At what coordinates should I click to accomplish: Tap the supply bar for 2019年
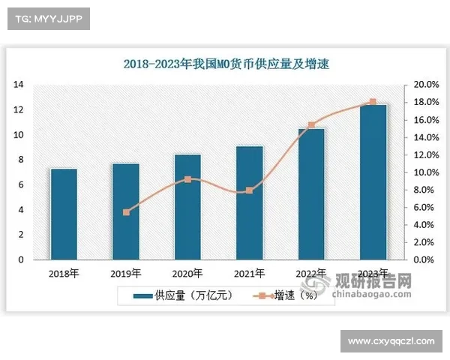(126, 211)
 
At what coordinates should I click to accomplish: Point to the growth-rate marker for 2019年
(126, 212)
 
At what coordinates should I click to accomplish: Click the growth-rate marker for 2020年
(187, 179)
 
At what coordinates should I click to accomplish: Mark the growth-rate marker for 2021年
(250, 190)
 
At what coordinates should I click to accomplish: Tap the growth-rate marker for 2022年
(311, 125)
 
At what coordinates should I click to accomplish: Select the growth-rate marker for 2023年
(373, 102)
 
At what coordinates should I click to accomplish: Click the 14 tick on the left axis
(19, 85)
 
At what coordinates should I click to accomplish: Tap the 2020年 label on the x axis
(187, 272)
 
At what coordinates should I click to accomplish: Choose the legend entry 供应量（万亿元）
(184, 295)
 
